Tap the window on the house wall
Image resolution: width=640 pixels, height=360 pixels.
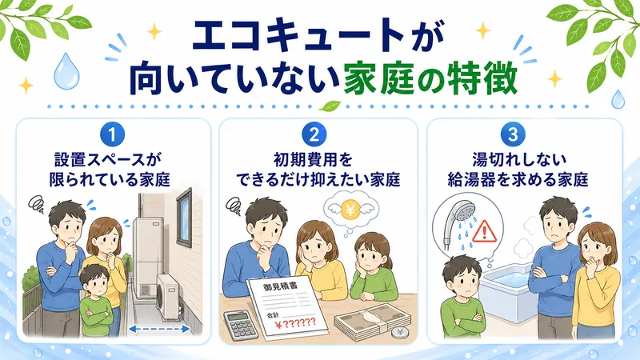point(183,213)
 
